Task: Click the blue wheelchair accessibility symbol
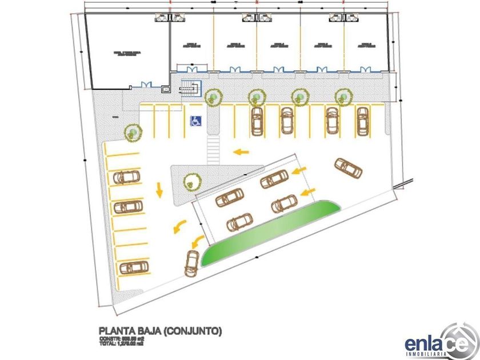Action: point(195,121)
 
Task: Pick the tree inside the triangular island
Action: point(192,182)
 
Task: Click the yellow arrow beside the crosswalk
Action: point(242,152)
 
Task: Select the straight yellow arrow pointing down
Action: point(159,189)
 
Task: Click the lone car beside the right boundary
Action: point(348,167)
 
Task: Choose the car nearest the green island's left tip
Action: point(191,262)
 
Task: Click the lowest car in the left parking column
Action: point(134,267)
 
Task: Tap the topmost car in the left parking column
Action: point(127,177)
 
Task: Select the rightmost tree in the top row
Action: point(342,97)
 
